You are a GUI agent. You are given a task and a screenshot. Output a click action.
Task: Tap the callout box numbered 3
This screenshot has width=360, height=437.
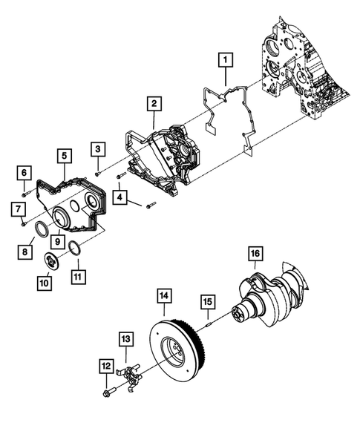(x=97, y=148)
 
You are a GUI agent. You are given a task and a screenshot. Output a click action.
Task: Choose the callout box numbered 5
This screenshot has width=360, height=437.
(x=65, y=156)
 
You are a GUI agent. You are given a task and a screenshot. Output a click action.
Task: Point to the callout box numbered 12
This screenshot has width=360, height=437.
(x=106, y=365)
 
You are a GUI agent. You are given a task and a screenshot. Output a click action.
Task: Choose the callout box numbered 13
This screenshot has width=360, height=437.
(x=125, y=339)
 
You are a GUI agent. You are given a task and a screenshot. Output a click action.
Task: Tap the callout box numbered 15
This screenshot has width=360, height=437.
(x=208, y=302)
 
